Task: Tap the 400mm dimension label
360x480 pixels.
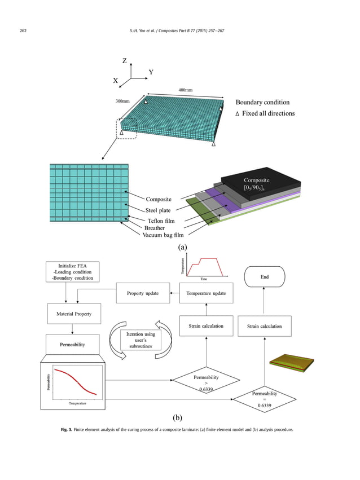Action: (x=185, y=90)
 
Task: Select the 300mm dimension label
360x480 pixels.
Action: (x=123, y=102)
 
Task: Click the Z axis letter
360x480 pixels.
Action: (x=124, y=61)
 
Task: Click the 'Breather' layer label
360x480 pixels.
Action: (x=155, y=228)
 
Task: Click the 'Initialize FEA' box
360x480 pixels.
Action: (x=73, y=272)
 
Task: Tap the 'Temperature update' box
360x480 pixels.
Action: (x=206, y=293)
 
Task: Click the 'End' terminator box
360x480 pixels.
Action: (x=264, y=277)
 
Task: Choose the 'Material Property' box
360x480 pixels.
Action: (x=73, y=314)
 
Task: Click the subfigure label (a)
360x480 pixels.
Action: (x=182, y=246)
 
